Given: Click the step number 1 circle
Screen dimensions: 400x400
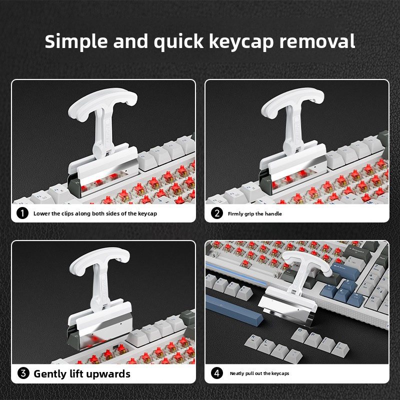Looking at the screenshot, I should [22, 213].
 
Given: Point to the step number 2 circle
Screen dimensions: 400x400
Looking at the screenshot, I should [217, 213].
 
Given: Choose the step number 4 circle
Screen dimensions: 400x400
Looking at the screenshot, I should [217, 373].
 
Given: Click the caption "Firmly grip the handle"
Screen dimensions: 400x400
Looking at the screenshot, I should [255, 214].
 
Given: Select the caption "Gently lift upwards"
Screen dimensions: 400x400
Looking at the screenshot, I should [81, 373].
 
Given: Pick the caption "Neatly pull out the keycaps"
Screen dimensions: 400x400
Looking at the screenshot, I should [259, 373].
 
